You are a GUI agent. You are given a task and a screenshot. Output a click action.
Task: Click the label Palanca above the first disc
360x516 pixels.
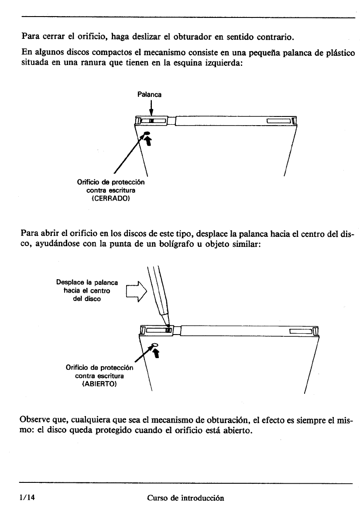tap(150, 94)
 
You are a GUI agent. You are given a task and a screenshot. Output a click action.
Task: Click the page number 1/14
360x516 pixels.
tap(27, 498)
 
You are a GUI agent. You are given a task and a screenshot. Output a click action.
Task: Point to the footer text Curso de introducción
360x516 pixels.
tap(185, 498)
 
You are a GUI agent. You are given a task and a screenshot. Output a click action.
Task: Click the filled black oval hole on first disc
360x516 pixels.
tap(147, 134)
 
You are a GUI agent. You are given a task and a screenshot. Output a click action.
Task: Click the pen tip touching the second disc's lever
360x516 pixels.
tap(168, 325)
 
